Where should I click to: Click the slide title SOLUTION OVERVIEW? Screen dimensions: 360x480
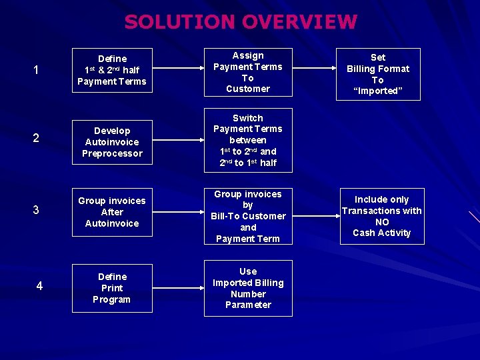[x=241, y=22]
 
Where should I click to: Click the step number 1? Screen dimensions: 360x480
[x=36, y=70]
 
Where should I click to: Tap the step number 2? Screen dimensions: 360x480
[x=36, y=138]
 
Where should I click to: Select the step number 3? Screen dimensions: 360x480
[x=36, y=210]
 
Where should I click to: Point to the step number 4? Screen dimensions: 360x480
[x=39, y=286]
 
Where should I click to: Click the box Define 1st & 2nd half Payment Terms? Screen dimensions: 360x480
[x=112, y=70]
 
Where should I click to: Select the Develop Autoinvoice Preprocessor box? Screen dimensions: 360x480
[x=112, y=142]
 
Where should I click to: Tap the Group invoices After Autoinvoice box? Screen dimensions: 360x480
[x=112, y=212]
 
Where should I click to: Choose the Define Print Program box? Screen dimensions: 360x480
[x=112, y=288]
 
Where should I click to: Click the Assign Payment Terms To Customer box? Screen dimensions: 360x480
[x=248, y=72]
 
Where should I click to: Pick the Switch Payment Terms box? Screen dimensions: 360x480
[x=248, y=140]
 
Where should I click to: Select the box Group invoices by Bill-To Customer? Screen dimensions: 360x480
[x=248, y=216]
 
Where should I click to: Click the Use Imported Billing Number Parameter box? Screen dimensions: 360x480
[x=248, y=288]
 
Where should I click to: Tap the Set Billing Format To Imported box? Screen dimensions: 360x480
[x=378, y=74]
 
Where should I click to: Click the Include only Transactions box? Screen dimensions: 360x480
[x=382, y=216]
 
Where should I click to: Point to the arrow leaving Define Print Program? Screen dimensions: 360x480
[x=178, y=288]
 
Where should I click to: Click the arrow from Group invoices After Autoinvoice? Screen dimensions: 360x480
[x=178, y=212]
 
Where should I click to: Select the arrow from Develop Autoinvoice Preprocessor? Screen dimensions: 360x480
[x=178, y=142]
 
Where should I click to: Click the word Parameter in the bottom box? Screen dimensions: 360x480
[x=248, y=305]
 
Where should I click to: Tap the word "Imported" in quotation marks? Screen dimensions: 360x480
[x=378, y=91]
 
